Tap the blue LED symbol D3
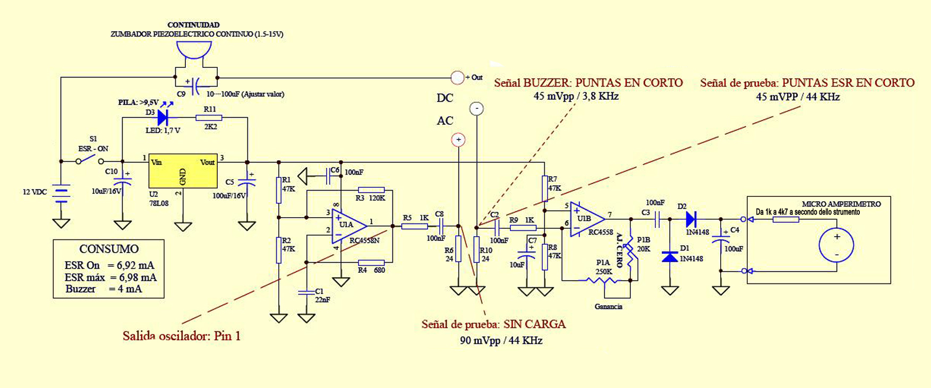[163, 118]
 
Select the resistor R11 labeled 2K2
[209, 118]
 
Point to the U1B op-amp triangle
[586, 218]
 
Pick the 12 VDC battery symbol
[62, 194]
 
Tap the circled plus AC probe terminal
[458, 140]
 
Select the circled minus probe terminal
[476, 109]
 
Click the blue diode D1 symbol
[670, 256]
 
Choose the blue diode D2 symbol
[691, 219]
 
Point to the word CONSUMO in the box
[109, 249]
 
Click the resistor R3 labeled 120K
[371, 190]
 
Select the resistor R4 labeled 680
[371, 262]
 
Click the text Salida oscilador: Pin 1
[182, 336]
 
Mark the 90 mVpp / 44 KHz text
[501, 341]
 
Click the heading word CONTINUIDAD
[193, 25]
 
